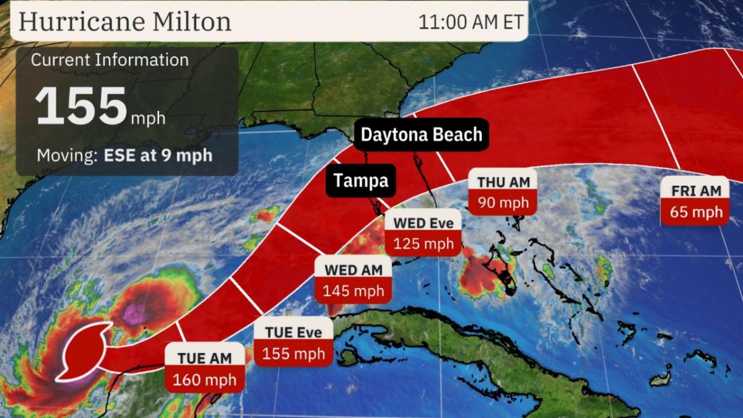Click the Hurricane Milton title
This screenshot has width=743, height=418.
click(x=125, y=22)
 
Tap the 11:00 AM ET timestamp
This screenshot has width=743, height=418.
click(x=471, y=22)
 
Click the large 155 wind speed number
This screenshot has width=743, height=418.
click(x=81, y=106)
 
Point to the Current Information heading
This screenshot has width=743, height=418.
click(x=110, y=60)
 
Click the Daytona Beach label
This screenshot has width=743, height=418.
click(x=421, y=134)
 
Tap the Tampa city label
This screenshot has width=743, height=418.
click(x=361, y=180)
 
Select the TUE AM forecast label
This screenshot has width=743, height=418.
click(x=204, y=358)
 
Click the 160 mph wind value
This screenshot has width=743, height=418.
click(x=204, y=379)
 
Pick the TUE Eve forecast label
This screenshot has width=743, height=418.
click(x=293, y=333)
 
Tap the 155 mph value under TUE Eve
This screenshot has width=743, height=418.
click(x=293, y=354)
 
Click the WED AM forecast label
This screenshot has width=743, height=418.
click(x=353, y=269)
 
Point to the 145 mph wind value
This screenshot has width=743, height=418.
click(x=353, y=290)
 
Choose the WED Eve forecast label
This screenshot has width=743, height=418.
click(x=424, y=223)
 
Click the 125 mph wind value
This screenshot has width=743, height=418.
click(x=424, y=243)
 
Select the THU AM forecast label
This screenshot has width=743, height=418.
click(x=502, y=182)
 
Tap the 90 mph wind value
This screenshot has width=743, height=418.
click(x=502, y=203)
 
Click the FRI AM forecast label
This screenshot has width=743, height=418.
click(x=696, y=191)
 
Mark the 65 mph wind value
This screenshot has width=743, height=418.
click(x=696, y=212)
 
